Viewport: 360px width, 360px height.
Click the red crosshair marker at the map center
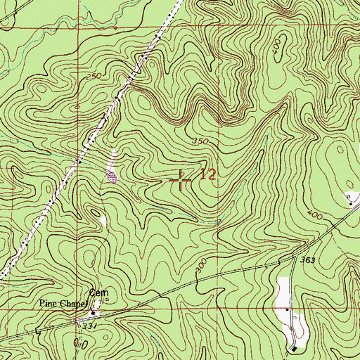point(181,181)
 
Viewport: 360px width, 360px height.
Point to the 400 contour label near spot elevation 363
point(315,214)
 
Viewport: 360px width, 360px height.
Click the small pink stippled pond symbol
point(110,176)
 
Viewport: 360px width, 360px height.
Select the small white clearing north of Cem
point(103,221)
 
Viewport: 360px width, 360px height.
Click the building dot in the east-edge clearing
point(351,202)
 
